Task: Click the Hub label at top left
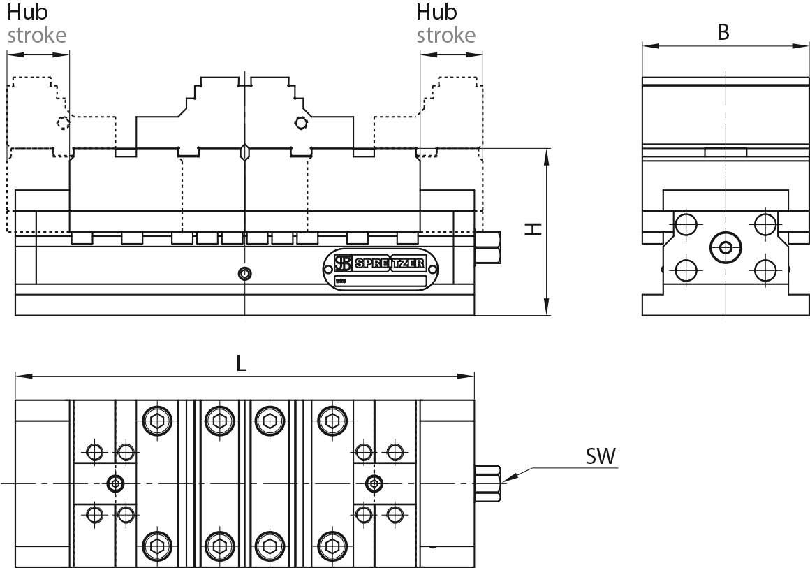(x=24, y=13)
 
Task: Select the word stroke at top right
(x=445, y=35)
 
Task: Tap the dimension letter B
(x=723, y=32)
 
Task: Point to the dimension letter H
(x=533, y=229)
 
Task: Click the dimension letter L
(x=241, y=363)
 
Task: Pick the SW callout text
(x=601, y=457)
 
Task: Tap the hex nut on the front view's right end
(x=487, y=247)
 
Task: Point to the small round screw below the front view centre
(x=244, y=272)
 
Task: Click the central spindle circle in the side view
(x=726, y=247)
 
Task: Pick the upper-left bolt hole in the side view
(x=686, y=224)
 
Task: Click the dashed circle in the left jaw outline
(x=63, y=124)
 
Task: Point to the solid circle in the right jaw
(x=301, y=123)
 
